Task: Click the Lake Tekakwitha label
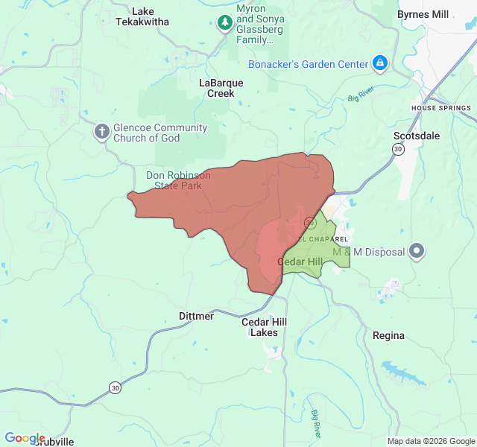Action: click(142, 16)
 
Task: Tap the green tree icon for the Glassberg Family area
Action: click(224, 22)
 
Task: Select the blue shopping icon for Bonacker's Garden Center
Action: click(380, 63)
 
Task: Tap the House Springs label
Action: click(441, 108)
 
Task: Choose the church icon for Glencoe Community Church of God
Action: click(101, 132)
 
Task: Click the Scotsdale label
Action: click(417, 136)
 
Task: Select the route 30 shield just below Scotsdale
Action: click(398, 150)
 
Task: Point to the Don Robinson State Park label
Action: click(178, 180)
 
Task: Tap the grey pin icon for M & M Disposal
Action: click(417, 251)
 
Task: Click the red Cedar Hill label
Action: click(300, 261)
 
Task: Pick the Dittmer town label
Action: click(196, 316)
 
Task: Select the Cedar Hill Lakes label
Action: click(264, 327)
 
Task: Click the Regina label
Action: click(388, 335)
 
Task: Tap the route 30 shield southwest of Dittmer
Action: click(114, 387)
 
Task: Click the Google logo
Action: click(25, 438)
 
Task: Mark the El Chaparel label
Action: click(323, 238)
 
